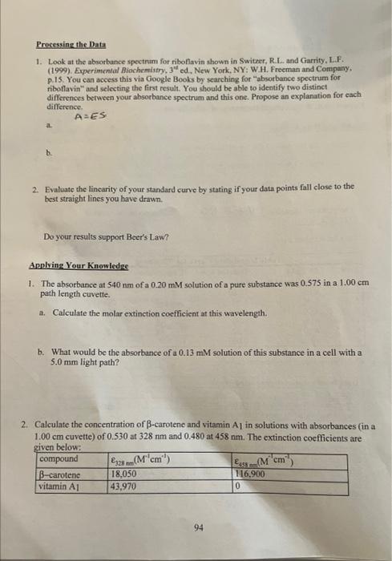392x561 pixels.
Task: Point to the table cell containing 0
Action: [238, 486]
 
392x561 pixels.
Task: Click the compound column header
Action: [60, 459]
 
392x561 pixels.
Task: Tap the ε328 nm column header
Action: [141, 459]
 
